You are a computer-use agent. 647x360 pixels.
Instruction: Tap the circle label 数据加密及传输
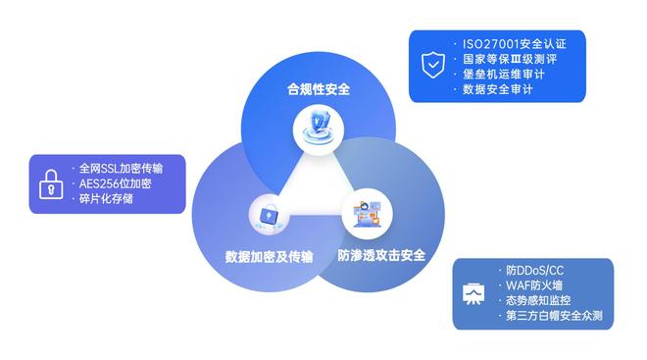(270, 256)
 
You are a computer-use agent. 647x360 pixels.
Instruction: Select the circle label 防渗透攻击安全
(381, 255)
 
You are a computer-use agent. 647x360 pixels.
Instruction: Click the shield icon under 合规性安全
(318, 128)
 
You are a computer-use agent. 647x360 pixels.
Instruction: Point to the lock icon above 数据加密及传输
(268, 215)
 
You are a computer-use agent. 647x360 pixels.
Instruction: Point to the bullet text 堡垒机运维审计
(504, 75)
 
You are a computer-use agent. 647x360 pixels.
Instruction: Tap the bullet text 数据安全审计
(498, 90)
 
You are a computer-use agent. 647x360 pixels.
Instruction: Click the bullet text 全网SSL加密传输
(121, 168)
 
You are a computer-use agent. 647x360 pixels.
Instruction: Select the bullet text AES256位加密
(115, 183)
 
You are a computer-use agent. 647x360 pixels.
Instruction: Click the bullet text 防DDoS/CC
(534, 270)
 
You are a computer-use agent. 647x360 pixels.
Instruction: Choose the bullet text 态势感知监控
(538, 301)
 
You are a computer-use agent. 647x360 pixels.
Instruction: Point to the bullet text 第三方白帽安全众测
(554, 317)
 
